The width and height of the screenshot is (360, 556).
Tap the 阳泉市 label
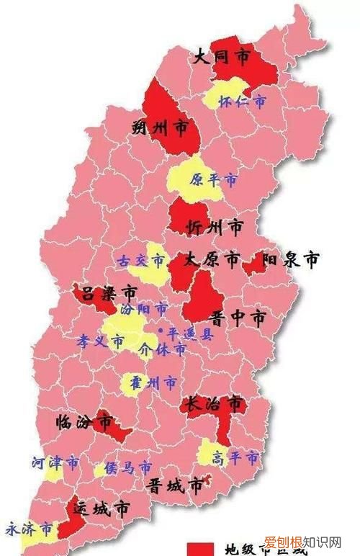[x=290, y=260]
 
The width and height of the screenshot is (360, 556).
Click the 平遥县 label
[x=188, y=334]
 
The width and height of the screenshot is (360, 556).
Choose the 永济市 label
[x=29, y=530]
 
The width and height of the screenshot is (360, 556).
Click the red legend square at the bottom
[x=198, y=550]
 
